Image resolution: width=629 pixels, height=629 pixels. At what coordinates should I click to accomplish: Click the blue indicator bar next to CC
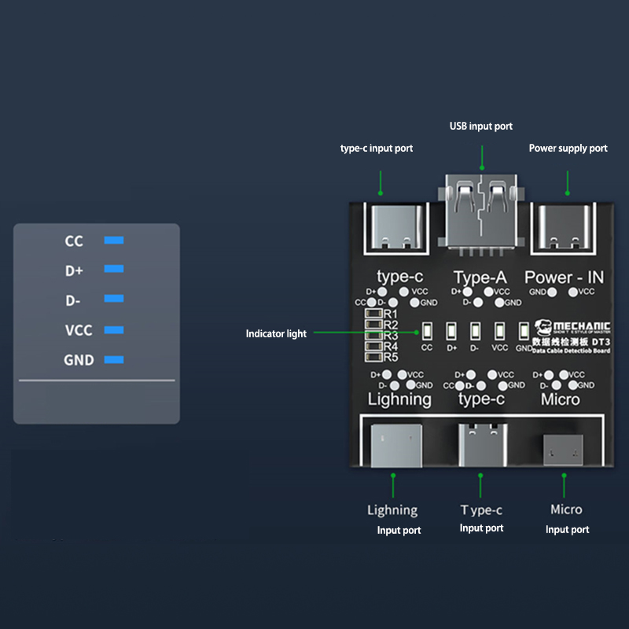pos(114,240)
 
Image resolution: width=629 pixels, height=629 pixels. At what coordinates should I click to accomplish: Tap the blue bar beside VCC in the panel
pos(114,330)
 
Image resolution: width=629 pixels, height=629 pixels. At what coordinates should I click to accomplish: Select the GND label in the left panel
pos(79,360)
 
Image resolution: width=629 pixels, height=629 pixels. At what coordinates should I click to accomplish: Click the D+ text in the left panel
pos(75,270)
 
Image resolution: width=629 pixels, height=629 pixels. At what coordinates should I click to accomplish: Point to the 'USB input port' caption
pos(480,126)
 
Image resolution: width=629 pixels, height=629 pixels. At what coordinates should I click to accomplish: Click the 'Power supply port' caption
pos(568,148)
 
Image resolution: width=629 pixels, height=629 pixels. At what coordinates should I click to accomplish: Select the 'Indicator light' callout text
pos(276,334)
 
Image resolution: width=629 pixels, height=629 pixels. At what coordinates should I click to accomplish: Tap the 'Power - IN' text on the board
pos(564,277)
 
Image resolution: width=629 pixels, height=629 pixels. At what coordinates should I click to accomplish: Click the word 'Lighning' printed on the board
pos(399,399)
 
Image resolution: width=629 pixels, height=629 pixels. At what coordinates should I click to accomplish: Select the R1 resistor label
pos(391,314)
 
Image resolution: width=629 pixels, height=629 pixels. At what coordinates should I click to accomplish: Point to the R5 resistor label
pos(391,357)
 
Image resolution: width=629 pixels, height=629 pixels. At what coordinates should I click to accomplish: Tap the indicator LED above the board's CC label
pos(427,331)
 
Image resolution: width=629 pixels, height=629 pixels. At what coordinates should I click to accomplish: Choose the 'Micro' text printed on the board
pos(561,399)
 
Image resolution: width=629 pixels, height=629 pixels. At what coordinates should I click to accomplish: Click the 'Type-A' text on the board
pos(480,277)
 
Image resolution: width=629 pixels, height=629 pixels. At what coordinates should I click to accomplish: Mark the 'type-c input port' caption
pos(376,148)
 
